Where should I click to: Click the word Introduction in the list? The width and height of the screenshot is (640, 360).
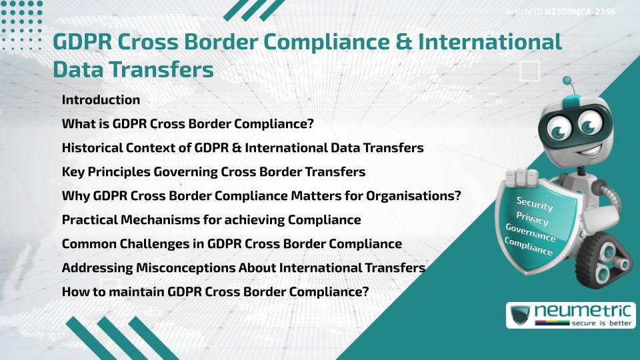[101, 100]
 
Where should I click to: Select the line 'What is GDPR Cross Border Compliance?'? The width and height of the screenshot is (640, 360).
[187, 124]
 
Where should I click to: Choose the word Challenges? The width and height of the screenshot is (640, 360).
[145, 244]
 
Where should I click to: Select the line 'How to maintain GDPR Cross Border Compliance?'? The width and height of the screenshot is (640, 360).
[215, 292]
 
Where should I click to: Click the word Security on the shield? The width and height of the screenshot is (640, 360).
[535, 204]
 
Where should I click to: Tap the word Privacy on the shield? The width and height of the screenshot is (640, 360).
[532, 219]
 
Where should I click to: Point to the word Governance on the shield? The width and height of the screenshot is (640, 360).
[531, 233]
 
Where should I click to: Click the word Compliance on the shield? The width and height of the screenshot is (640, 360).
[529, 247]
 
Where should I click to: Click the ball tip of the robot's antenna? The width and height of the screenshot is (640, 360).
[567, 81]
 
